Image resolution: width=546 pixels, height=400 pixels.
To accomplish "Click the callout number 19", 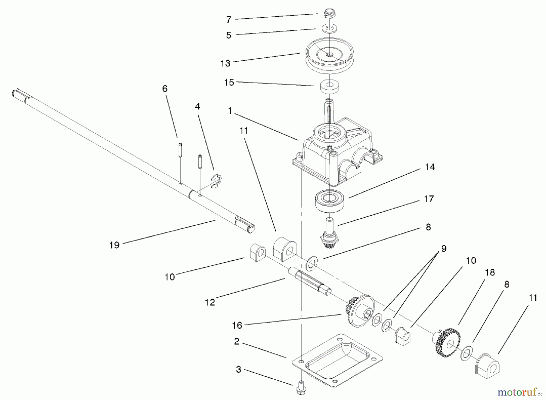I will (115, 245).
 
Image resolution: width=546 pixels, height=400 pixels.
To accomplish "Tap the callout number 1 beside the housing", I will (230, 111).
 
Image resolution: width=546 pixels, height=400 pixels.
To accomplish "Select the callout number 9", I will (444, 249).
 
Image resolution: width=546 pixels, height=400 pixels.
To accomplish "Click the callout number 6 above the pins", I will (165, 88).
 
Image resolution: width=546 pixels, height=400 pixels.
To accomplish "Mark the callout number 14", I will (430, 167).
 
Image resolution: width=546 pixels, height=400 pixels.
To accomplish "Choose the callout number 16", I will (237, 325).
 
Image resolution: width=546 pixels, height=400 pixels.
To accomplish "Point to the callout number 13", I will (225, 63).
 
